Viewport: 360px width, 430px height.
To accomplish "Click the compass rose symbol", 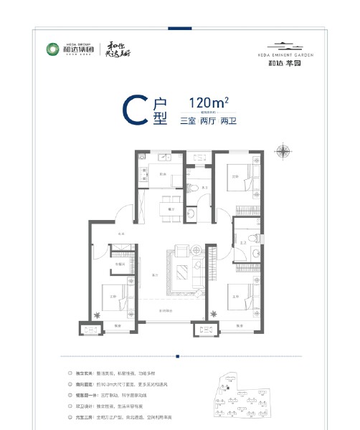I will [288, 151].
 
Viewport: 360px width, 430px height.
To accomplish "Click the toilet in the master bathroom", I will [245, 240].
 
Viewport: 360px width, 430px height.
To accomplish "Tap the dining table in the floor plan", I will [171, 201].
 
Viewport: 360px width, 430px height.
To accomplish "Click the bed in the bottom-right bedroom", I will [241, 294].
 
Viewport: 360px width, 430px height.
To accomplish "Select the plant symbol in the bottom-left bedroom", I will [97, 312].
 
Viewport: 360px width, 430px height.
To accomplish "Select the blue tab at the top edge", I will [179, 29].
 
